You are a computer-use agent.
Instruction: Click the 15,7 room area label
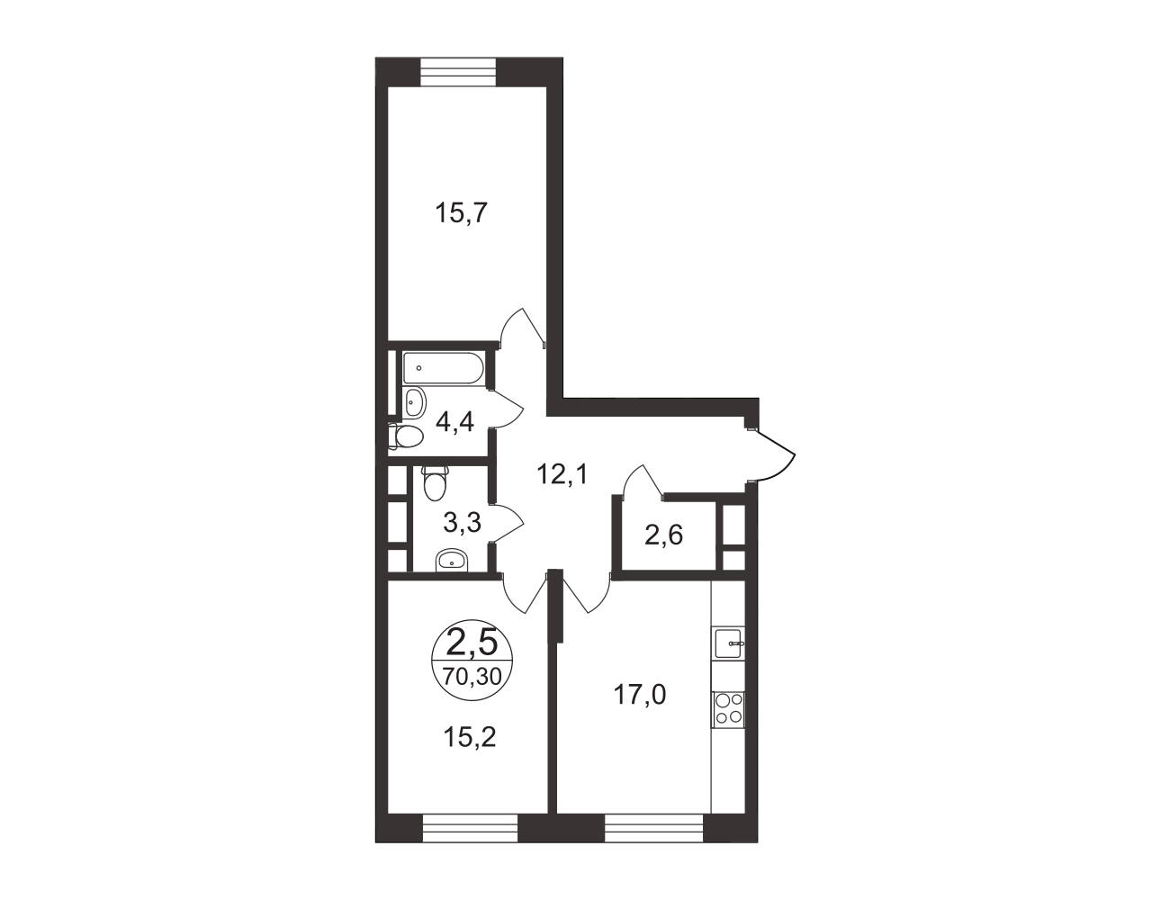click(x=461, y=213)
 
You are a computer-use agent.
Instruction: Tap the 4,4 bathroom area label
click(x=455, y=422)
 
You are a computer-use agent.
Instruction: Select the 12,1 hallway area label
click(x=563, y=475)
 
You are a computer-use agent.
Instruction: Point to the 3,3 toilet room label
click(x=462, y=522)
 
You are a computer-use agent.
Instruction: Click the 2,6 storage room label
click(x=664, y=535)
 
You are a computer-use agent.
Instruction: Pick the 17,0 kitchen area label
click(x=640, y=695)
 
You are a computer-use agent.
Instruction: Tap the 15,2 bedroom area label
click(x=470, y=737)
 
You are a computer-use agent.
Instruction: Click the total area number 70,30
click(x=472, y=676)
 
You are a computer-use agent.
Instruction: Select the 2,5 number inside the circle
click(x=472, y=643)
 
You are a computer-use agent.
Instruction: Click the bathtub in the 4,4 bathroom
click(x=444, y=368)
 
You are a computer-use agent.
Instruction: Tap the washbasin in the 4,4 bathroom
click(x=414, y=402)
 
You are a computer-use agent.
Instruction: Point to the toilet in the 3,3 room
click(x=435, y=482)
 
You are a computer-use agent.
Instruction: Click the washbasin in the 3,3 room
click(x=452, y=561)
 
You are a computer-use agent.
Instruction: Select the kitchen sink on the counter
click(x=729, y=643)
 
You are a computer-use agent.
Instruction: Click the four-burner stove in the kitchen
click(x=729, y=709)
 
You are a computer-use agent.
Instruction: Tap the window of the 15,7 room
click(x=458, y=72)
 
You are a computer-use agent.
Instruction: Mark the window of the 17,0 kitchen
click(x=654, y=842)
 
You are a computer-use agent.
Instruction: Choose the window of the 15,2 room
click(x=470, y=842)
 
